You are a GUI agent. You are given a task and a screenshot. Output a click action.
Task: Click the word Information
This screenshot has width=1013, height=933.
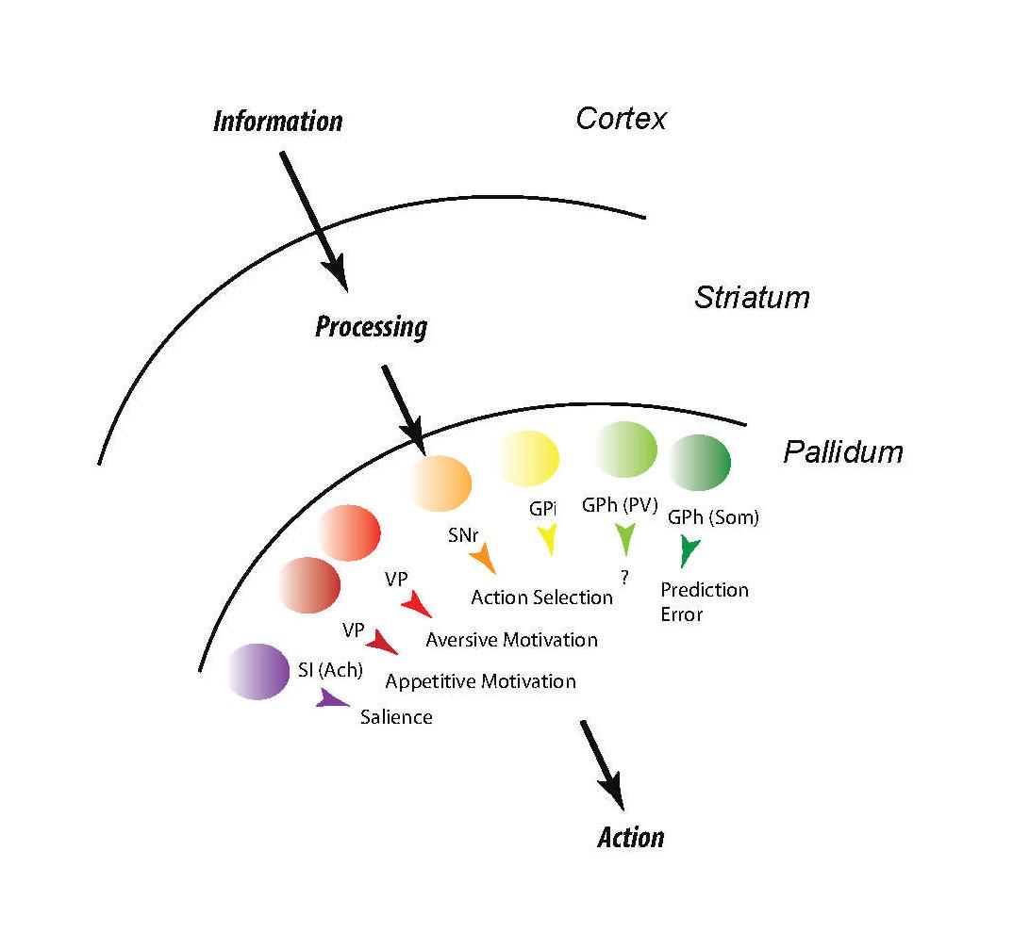coord(277,122)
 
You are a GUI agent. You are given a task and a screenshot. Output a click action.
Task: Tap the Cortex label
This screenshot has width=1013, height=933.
coord(622,119)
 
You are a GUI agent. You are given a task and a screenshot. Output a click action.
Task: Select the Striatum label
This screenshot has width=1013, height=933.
coord(752,298)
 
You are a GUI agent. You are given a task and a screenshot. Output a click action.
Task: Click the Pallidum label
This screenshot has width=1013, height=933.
coord(842,452)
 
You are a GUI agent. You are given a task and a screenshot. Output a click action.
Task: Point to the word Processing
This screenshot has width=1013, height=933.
coord(371,327)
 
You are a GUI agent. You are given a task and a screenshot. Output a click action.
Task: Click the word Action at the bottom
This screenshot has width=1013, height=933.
coord(631,837)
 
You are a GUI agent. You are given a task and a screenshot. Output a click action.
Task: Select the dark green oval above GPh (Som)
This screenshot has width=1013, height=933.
coord(699,462)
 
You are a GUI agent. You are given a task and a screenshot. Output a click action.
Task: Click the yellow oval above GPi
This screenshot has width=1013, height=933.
coord(529,456)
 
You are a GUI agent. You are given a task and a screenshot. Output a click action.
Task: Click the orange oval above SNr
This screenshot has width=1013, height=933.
coord(441,483)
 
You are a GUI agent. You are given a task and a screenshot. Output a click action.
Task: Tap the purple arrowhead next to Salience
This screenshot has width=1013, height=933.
coord(331,699)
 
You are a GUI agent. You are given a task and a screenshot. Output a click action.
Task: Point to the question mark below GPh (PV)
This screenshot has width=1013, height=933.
coord(624,578)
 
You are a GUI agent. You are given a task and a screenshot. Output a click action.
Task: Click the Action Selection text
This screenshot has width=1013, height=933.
coord(541,597)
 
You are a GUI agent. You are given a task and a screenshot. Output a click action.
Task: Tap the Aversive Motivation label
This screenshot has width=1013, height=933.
coord(511,640)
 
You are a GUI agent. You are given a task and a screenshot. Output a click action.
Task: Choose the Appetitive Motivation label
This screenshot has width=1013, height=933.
coord(480,681)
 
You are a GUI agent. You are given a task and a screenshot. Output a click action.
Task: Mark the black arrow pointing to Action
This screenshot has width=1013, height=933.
coord(602,763)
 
